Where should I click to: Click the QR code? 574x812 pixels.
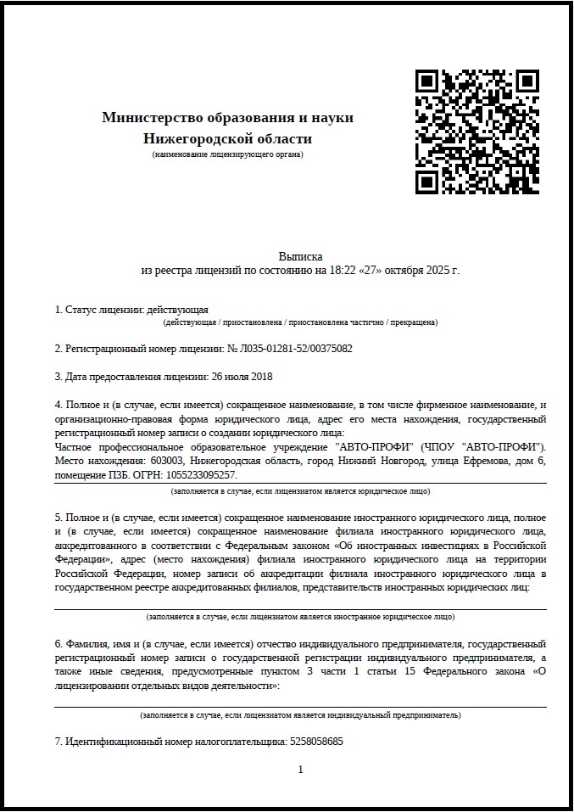(x=477, y=131)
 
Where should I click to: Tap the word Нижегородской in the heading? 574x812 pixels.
(x=192, y=138)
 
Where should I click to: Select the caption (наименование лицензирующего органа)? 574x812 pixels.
(x=227, y=154)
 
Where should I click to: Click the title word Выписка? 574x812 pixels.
(x=300, y=255)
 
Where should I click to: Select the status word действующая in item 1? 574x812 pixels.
(x=177, y=310)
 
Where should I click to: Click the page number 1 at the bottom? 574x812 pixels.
(x=300, y=770)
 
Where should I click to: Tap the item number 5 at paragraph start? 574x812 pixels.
(x=58, y=518)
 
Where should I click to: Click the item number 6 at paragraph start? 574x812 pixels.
(x=58, y=644)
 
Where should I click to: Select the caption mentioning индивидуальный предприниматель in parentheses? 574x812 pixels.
(x=300, y=714)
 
